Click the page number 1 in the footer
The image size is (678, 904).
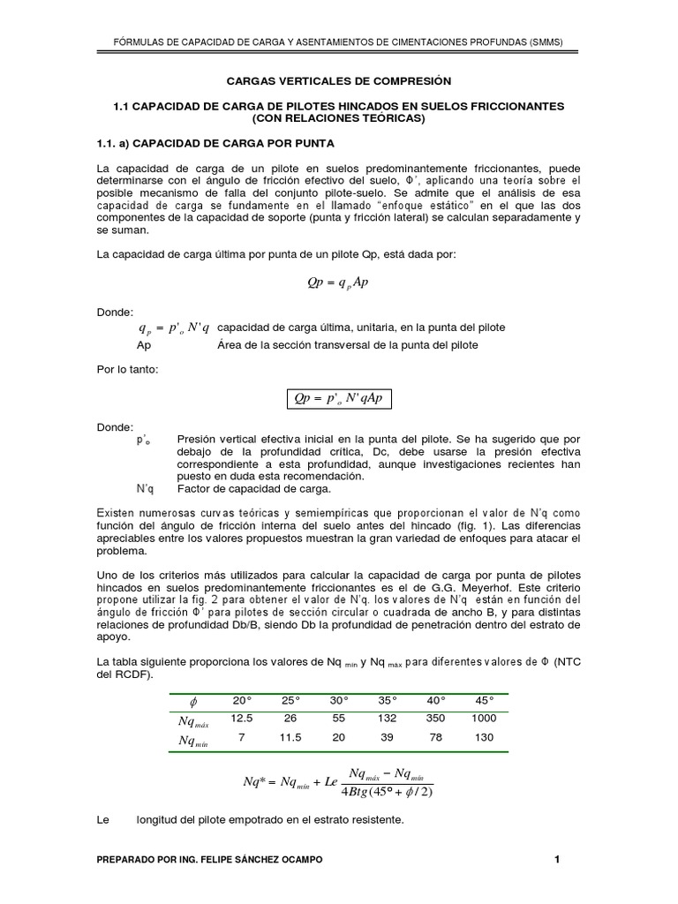(x=557, y=859)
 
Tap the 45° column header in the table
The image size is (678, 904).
(x=484, y=700)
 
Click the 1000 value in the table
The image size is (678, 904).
(x=484, y=718)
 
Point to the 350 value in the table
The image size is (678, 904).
(x=435, y=718)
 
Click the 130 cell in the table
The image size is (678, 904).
(x=484, y=737)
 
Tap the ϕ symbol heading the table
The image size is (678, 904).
(x=193, y=702)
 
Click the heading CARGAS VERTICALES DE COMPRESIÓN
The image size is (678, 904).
(x=339, y=80)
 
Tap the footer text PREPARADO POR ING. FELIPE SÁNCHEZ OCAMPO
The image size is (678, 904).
(x=209, y=859)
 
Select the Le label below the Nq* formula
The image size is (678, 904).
(x=102, y=820)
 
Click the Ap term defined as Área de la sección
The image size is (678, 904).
(x=145, y=344)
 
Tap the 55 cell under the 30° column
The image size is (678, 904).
(x=339, y=718)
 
